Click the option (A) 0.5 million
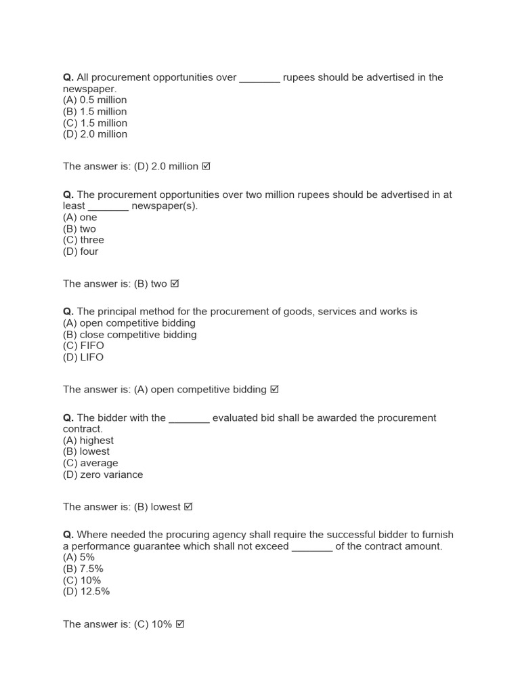tap(95, 100)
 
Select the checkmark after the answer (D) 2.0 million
tap(206, 166)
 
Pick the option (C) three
tap(83, 240)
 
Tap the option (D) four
tap(81, 251)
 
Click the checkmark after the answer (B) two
tap(174, 283)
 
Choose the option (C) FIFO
tap(83, 346)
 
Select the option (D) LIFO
tap(83, 357)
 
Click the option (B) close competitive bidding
tap(129, 335)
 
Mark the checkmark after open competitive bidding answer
tap(274, 390)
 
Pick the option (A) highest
tap(88, 441)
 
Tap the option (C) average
tap(90, 463)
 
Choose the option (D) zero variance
tap(103, 474)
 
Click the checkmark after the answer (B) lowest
tap(188, 507)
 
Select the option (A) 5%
tap(79, 557)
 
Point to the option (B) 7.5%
tap(83, 569)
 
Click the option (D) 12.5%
tap(86, 592)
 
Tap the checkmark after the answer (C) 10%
tap(179, 624)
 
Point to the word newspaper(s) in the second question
tap(164, 206)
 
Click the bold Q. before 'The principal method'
tap(68, 312)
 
